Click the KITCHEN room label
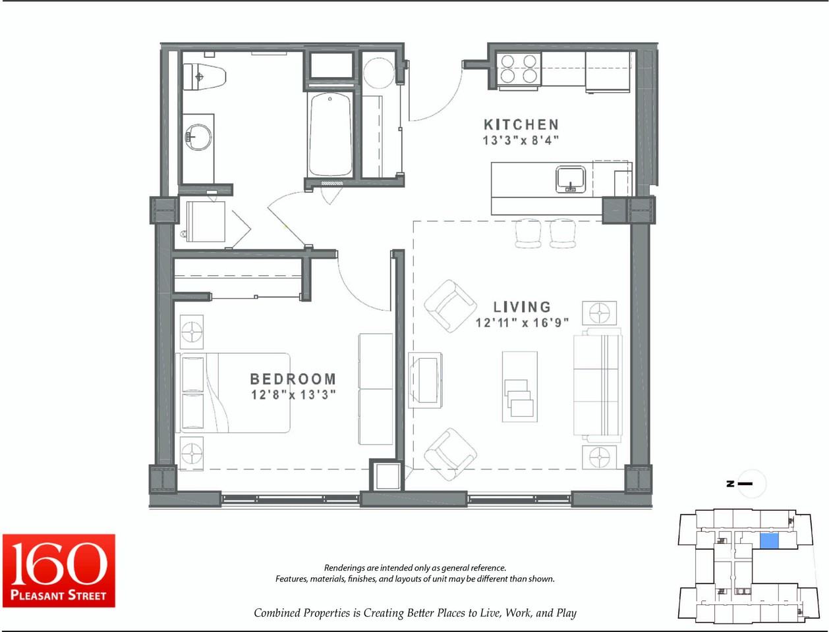click(x=521, y=124)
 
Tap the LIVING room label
click(x=522, y=307)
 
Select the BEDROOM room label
click(x=293, y=379)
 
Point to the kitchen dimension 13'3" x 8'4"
click(x=521, y=141)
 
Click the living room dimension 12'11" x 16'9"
click(x=522, y=323)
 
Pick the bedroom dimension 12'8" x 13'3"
click(x=293, y=394)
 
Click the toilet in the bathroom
click(x=204, y=77)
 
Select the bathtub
click(x=330, y=134)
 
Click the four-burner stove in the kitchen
click(x=519, y=68)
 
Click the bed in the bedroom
click(x=233, y=393)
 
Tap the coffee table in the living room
click(x=520, y=386)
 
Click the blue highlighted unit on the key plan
click(x=769, y=541)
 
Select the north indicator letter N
click(x=730, y=484)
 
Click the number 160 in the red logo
click(x=59, y=564)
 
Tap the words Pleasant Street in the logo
click(x=58, y=595)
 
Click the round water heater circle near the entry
click(x=378, y=73)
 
